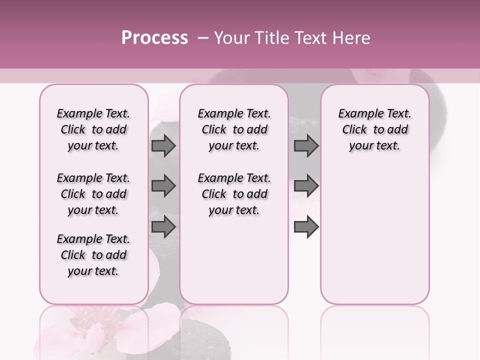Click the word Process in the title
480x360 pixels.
pos(154,38)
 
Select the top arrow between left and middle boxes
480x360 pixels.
pos(163,145)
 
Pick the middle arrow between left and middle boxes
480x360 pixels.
pos(163,186)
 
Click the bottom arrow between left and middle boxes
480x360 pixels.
pos(163,226)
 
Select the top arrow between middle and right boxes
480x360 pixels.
pos(306,145)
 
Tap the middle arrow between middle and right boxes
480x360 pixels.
pos(306,186)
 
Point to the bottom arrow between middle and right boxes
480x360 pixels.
pos(306,226)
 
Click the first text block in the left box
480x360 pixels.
pos(93,129)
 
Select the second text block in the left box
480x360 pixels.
pos(93,194)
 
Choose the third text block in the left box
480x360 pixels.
pos(93,255)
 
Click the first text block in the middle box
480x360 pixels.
pos(234,129)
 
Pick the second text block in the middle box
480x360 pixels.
pos(234,194)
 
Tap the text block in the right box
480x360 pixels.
pos(375,129)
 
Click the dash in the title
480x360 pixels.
pos(202,38)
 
